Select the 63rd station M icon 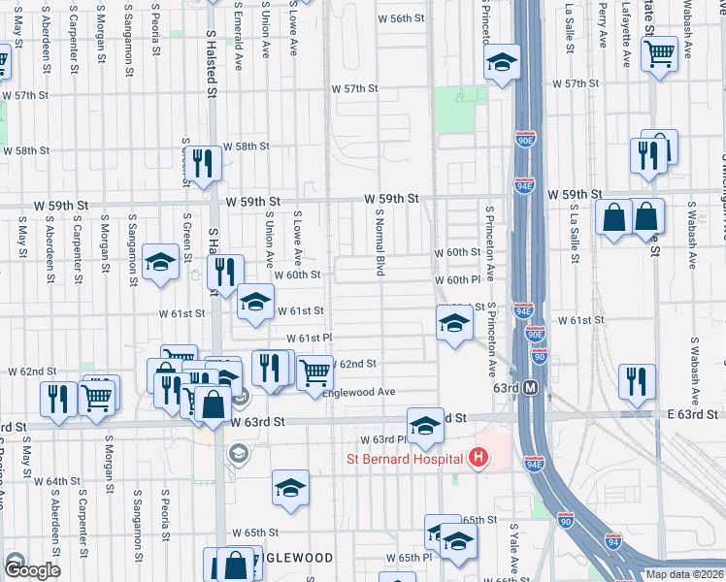point(531,388)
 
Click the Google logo point(31,570)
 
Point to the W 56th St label point(401,18)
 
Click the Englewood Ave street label point(359,392)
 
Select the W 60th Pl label point(457,280)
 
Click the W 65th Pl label point(409,558)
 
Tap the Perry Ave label point(604,26)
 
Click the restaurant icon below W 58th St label point(202,162)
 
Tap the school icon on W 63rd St point(425,427)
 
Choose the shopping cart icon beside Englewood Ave point(314,372)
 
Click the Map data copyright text point(684,574)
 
